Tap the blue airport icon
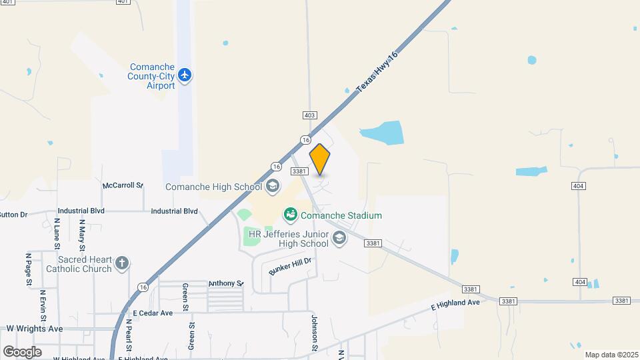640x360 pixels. click(185, 75)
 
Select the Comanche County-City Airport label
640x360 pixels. click(151, 77)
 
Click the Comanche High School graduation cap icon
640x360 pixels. click(272, 186)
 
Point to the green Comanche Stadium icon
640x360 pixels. click(290, 215)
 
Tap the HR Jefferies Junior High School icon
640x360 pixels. click(339, 239)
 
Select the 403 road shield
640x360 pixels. click(309, 115)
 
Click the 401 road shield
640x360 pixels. click(122, 2)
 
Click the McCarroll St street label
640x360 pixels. click(123, 185)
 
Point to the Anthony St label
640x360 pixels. click(226, 283)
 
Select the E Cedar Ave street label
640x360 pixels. click(153, 313)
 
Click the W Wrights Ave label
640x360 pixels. click(35, 329)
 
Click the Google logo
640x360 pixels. click(22, 351)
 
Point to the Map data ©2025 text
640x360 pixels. click(610, 355)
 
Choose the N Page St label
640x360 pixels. click(29, 269)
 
